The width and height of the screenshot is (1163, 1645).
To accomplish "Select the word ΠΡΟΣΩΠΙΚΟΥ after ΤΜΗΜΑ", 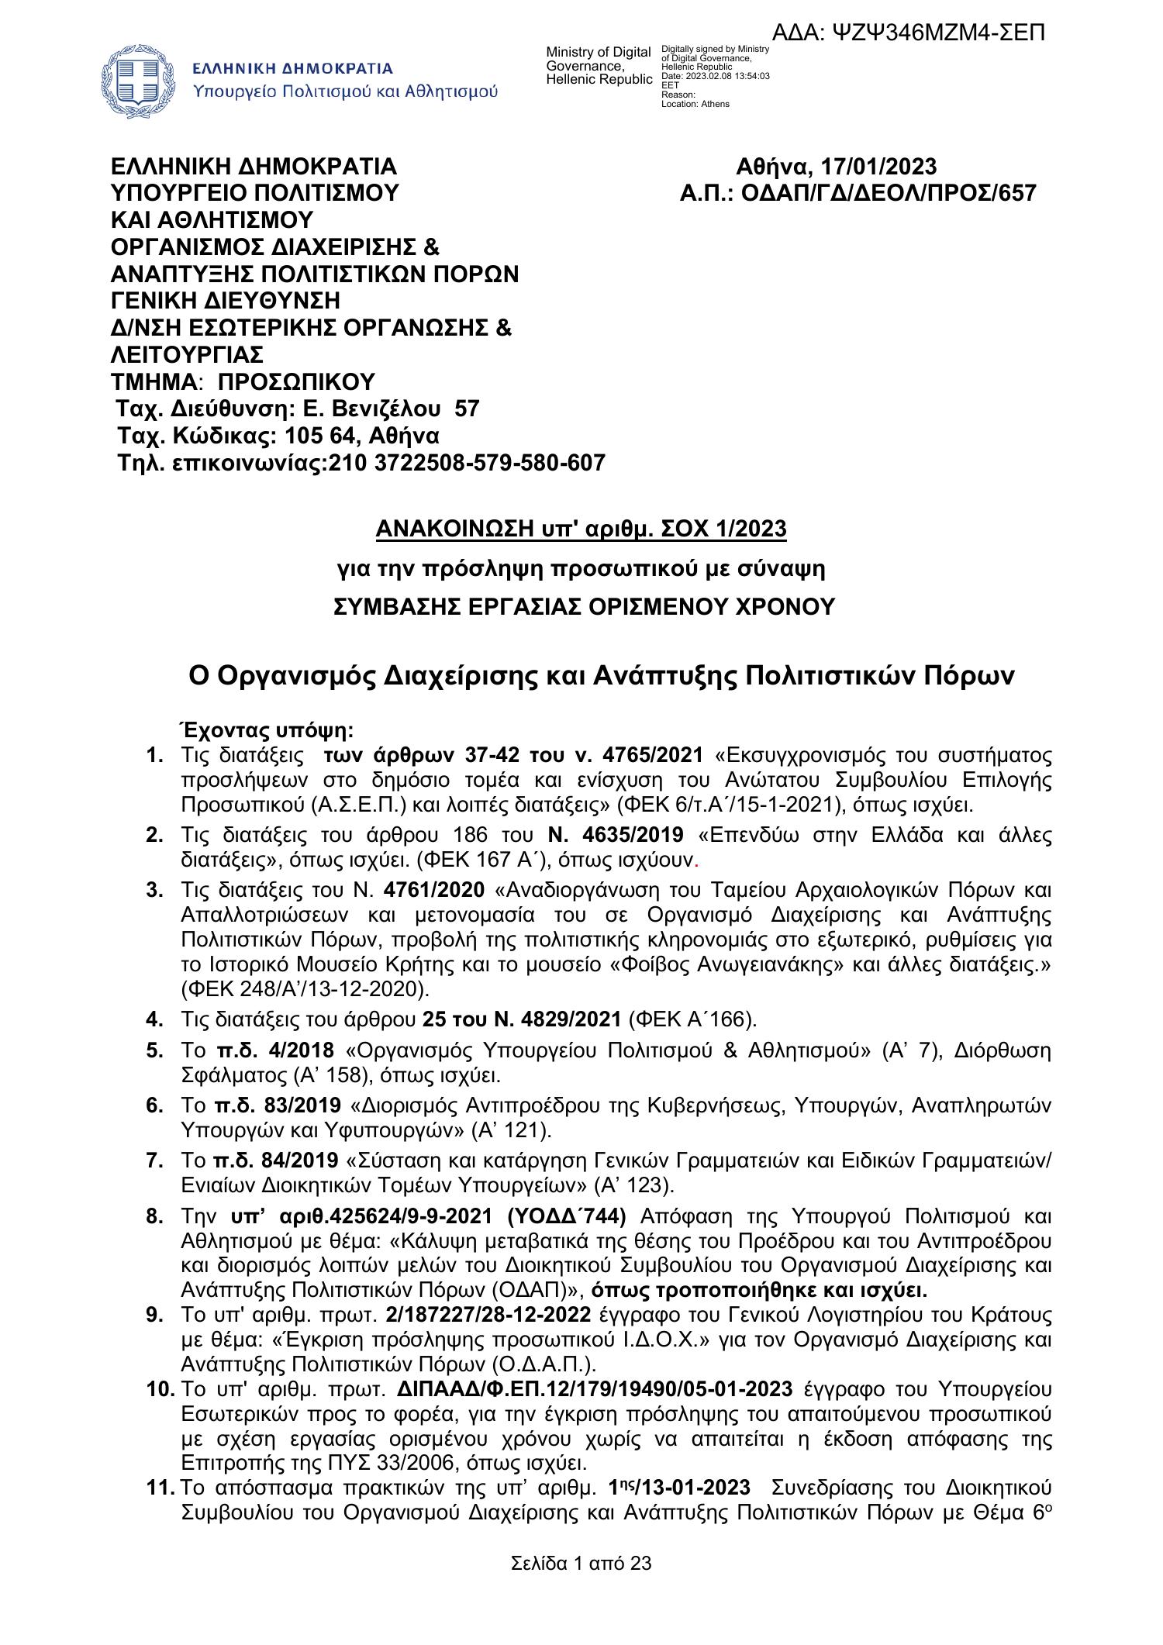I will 296,382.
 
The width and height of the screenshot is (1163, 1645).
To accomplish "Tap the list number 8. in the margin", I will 154,1216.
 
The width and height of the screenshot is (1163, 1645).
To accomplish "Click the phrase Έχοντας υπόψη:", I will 266,730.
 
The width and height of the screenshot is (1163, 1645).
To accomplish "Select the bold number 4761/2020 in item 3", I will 439,889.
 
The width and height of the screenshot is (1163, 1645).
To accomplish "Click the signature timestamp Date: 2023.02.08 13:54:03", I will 714,76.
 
